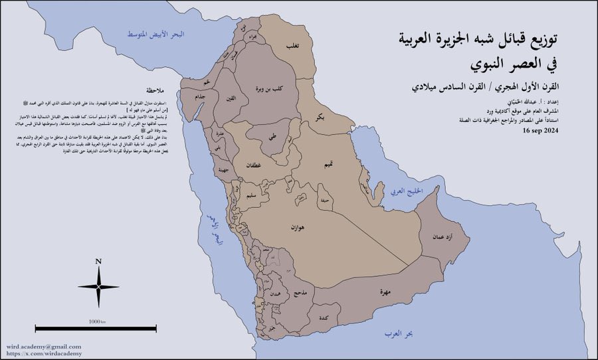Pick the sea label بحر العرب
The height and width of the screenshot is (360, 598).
[399, 334]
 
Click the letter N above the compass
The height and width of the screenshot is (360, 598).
[98, 261]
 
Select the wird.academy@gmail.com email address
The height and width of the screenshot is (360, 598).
[44, 347]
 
